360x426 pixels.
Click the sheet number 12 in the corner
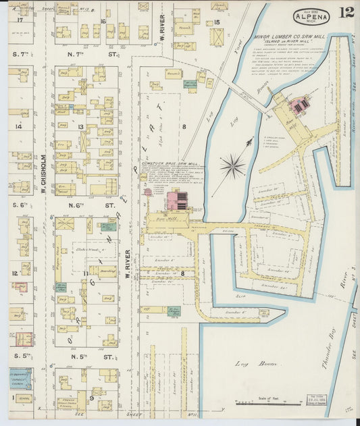[x=346, y=13]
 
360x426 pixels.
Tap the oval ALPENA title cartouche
[x=311, y=16]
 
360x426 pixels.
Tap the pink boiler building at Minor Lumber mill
[x=300, y=105]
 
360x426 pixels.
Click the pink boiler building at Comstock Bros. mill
[x=178, y=201]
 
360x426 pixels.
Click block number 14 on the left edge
[x=20, y=126]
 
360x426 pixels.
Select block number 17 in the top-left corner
[x=20, y=21]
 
